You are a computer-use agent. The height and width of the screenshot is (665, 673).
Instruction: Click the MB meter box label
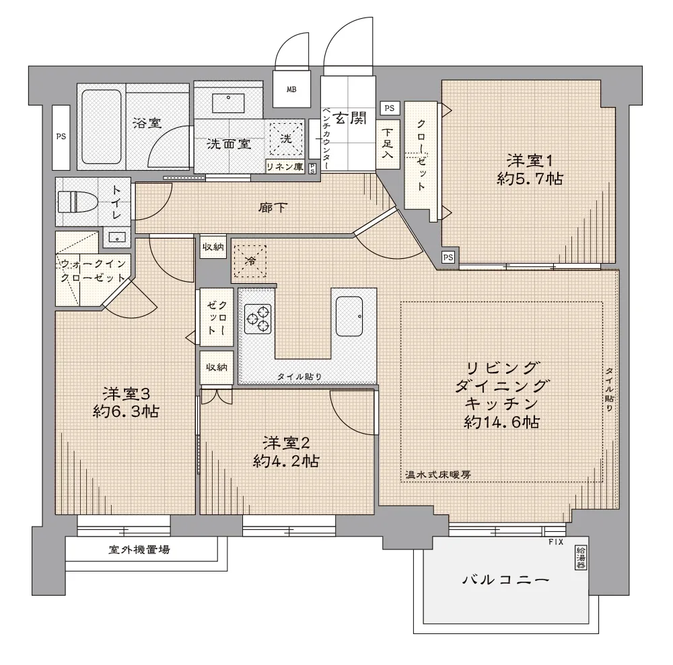click(291, 89)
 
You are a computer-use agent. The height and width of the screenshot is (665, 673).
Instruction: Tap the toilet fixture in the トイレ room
click(72, 202)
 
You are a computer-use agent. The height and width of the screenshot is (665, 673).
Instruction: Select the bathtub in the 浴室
click(102, 126)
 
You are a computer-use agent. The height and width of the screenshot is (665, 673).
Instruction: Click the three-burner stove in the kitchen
click(258, 319)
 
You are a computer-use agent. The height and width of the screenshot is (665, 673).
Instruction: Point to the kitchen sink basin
click(349, 317)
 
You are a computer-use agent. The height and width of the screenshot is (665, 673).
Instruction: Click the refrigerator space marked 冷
click(250, 260)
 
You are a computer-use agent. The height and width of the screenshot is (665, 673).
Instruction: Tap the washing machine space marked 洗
click(286, 139)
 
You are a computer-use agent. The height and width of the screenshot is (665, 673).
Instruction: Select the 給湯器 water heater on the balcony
click(581, 558)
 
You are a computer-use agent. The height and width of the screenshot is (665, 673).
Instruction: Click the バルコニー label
click(506, 580)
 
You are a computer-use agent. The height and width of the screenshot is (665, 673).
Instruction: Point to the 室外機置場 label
click(139, 549)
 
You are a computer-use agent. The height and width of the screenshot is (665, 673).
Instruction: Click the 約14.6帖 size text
click(501, 422)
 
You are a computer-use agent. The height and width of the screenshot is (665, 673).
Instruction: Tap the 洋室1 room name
click(530, 161)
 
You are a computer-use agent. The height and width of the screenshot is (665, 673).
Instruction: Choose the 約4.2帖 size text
click(286, 461)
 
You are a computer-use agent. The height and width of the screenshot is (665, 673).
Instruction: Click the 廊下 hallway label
click(273, 208)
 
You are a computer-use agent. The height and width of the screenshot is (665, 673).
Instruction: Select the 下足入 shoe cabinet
click(388, 144)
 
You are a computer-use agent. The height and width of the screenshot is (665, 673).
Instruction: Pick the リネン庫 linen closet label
click(285, 166)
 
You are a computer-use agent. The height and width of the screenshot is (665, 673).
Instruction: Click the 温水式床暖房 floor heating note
click(438, 475)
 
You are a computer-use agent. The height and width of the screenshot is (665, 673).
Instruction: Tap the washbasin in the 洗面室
click(228, 103)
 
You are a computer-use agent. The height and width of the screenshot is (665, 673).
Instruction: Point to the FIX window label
click(556, 543)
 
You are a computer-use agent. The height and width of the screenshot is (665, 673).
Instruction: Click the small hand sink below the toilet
click(116, 237)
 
